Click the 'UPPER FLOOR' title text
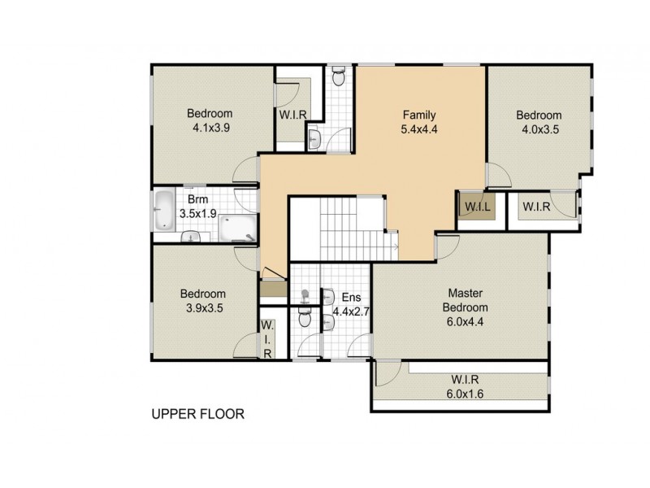(197, 414)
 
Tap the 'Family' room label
(420, 115)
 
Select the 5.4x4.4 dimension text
(420, 129)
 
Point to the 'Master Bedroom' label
(465, 300)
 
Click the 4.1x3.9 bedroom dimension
(210, 128)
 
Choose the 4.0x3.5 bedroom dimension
(539, 129)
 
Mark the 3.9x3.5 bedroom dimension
(203, 308)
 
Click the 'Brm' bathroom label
(197, 199)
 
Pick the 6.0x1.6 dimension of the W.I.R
(464, 394)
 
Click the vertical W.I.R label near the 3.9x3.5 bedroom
(266, 339)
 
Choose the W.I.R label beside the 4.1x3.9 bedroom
(292, 115)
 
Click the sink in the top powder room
(315, 139)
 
